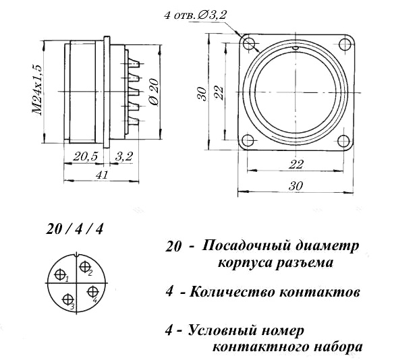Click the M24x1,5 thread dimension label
[x=37, y=90]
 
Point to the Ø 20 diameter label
[x=155, y=92]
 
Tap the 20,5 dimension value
[x=86, y=156]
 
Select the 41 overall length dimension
[x=103, y=175]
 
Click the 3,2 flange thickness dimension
[x=123, y=156]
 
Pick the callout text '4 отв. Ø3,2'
[x=196, y=16]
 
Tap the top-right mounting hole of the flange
[x=345, y=44]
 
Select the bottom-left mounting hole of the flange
[x=248, y=140]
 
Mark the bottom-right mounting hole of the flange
[x=343, y=141]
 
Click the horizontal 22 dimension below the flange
[x=296, y=164]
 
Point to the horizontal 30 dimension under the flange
[x=296, y=185]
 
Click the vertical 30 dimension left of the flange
[x=202, y=94]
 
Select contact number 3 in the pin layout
[x=67, y=299]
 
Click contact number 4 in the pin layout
[x=92, y=291]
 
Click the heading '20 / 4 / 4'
[x=74, y=229]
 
